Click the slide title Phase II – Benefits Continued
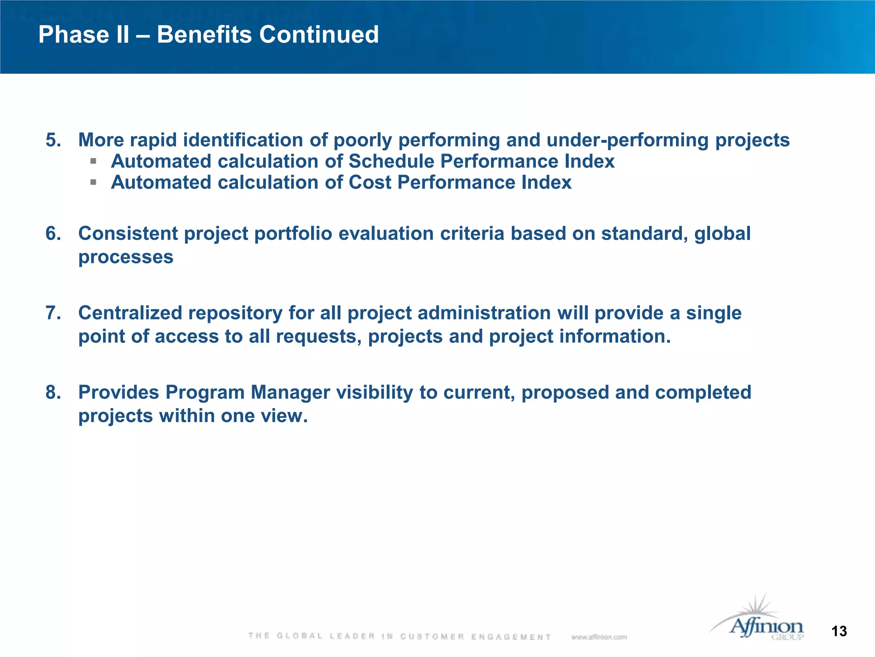pos(208,35)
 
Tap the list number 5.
pos(53,140)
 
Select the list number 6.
pos(53,234)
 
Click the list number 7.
pos(53,313)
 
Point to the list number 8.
pos(53,393)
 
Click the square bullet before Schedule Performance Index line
pos(94,162)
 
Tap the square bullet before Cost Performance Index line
pos(94,183)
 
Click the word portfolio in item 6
pos(293,234)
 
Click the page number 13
pos(839,631)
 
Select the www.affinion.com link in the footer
pos(599,637)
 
